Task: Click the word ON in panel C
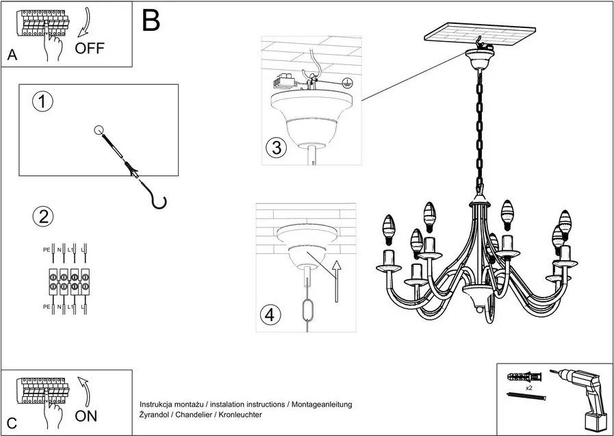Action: [x=86, y=415]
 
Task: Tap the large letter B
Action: [x=151, y=21]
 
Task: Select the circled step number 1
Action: [x=42, y=103]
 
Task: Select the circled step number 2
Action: [x=42, y=218]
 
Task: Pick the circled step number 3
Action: [x=276, y=149]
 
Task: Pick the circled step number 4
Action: [x=271, y=315]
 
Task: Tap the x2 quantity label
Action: [x=529, y=387]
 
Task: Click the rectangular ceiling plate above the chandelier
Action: [x=478, y=34]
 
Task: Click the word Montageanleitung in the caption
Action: [x=321, y=405]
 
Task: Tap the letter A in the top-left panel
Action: [x=12, y=56]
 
